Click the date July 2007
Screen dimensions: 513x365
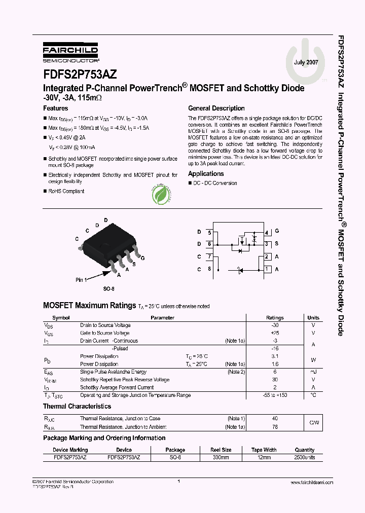coord(306,62)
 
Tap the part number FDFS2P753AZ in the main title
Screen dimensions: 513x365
coord(80,75)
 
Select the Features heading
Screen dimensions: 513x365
coord(55,108)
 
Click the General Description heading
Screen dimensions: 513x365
coord(216,108)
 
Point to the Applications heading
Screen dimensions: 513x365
coord(206,174)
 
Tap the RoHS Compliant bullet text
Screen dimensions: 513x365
coord(66,191)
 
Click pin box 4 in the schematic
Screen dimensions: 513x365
coord(267,232)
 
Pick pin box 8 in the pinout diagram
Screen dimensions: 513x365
coord(210,269)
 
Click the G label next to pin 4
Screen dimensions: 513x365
coord(277,232)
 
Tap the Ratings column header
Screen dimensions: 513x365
coord(275,318)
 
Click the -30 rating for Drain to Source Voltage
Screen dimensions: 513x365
coord(275,325)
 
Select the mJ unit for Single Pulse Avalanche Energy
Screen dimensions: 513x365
coord(313,372)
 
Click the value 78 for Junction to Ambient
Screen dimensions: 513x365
coord(275,427)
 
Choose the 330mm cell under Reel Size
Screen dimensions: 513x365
coord(221,457)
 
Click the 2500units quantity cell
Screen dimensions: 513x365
coord(304,457)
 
